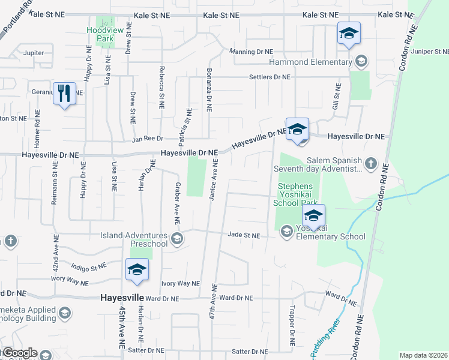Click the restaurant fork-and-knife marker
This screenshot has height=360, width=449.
point(64,94)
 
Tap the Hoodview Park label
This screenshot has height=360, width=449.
point(100,34)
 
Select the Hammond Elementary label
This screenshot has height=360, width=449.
point(310,62)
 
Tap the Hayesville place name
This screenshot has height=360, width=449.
point(122,298)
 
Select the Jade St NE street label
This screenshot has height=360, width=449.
point(243,236)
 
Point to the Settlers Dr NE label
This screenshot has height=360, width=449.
point(270,77)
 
